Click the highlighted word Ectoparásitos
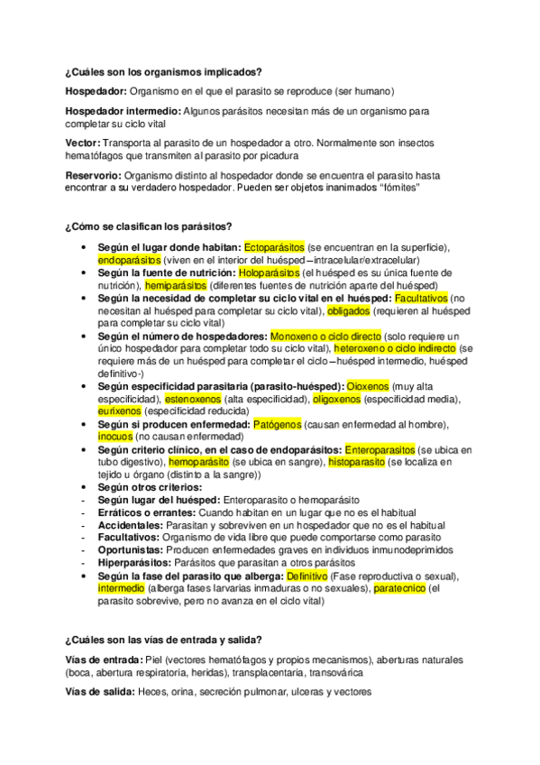[274, 246]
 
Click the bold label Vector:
[83, 143]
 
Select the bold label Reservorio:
[93, 175]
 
